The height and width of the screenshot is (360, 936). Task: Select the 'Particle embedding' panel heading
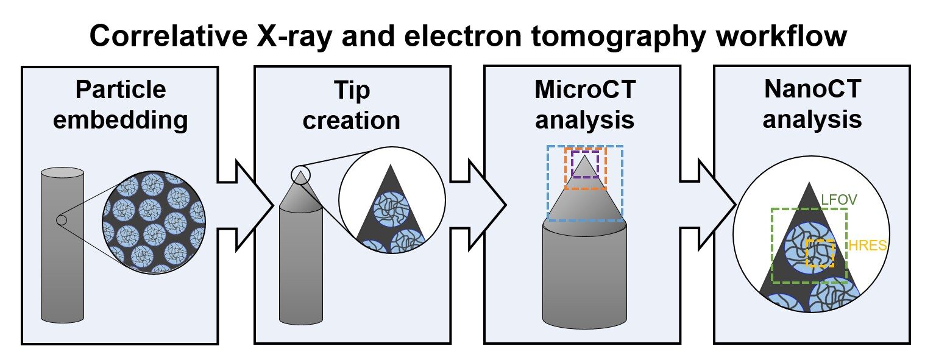pos(120,104)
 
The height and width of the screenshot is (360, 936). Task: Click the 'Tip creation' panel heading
pos(351,104)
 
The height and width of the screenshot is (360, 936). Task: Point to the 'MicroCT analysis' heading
pos(584,104)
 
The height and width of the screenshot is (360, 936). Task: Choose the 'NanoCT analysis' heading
pos(812,104)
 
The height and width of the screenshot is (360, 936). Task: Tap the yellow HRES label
pos(868,246)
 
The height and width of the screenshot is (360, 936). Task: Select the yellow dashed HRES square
pos(820,254)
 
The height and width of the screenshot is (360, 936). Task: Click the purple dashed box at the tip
pos(585,164)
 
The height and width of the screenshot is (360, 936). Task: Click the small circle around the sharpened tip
pos(300,175)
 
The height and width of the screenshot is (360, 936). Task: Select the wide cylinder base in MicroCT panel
pos(584,274)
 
